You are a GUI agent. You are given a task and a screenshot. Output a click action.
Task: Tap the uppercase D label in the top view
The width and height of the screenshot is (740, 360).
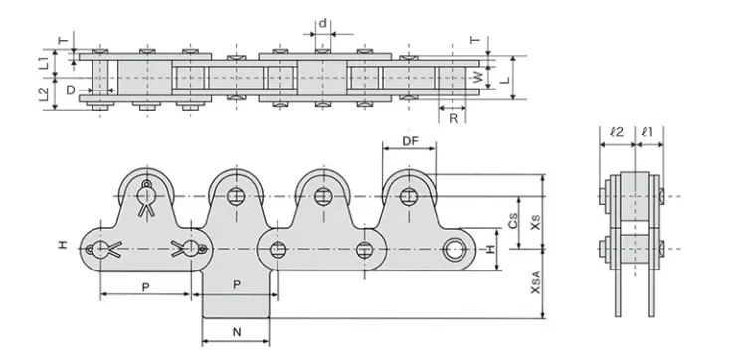pyautogui.click(x=71, y=90)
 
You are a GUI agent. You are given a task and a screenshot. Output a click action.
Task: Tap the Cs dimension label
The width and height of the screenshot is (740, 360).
pyautogui.click(x=512, y=225)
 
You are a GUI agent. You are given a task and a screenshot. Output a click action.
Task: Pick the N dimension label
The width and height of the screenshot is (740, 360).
pyautogui.click(x=237, y=332)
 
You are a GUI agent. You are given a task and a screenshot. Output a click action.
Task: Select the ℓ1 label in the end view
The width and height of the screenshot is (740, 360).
pyautogui.click(x=646, y=130)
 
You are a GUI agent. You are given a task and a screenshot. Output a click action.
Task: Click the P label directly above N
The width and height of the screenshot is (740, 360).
pyautogui.click(x=237, y=284)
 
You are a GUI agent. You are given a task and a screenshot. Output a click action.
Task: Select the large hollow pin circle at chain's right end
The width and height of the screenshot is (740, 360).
pyautogui.click(x=457, y=248)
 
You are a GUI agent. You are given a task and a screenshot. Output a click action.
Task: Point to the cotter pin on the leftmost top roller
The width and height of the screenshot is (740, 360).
pyautogui.click(x=147, y=197)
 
